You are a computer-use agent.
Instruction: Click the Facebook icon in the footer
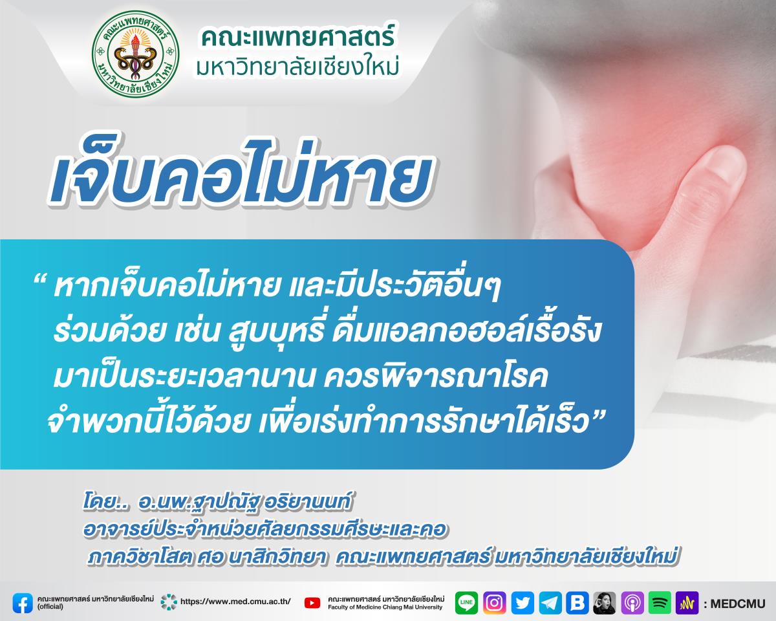point(23,603)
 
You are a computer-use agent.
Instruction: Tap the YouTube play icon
point(312,603)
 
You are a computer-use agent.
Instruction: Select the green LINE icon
point(466,602)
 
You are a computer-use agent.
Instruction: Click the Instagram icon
point(494,602)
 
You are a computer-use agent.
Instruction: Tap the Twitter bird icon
point(523,602)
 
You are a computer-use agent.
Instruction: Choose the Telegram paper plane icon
point(550,602)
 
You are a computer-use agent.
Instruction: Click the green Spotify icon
point(660,602)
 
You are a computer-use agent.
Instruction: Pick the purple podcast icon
point(632,602)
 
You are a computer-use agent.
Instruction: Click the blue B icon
point(577,602)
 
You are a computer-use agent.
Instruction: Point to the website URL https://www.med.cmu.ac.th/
point(235,602)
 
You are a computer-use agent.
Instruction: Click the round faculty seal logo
point(136,54)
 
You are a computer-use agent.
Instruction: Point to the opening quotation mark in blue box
point(40,280)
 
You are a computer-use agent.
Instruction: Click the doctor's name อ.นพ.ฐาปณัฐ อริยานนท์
point(244,503)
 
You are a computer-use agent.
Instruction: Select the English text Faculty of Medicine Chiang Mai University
point(385,607)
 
